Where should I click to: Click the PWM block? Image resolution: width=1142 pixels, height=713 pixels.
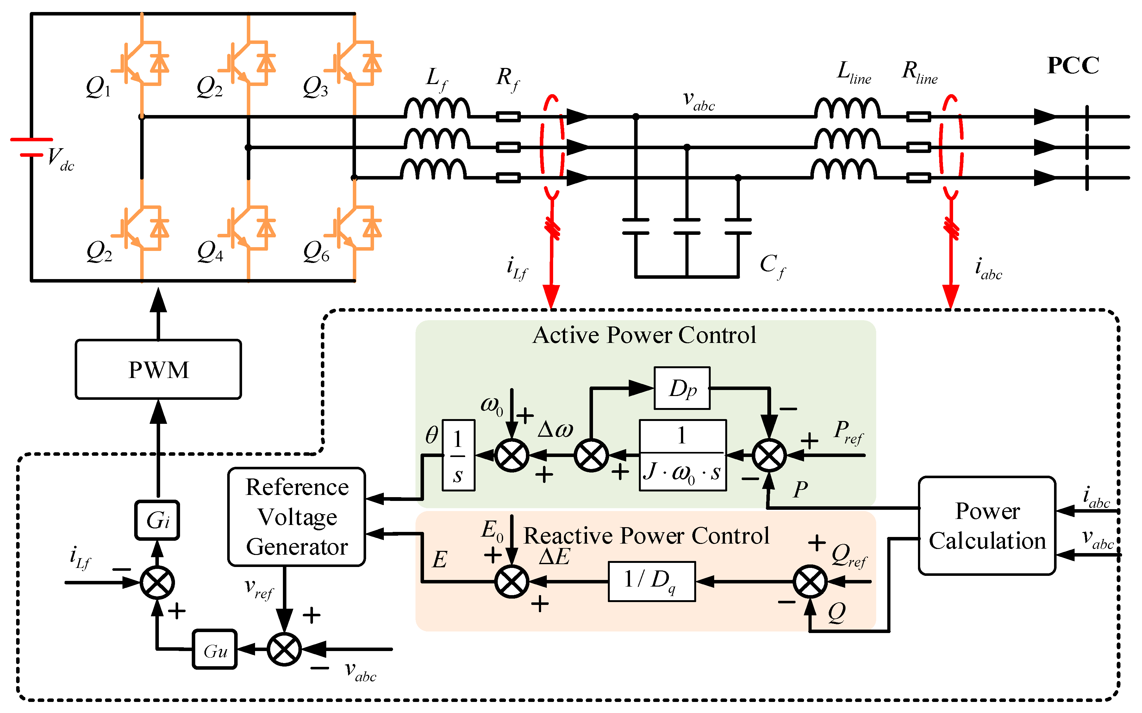point(158,369)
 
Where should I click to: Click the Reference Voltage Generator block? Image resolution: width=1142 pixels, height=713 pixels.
point(296,517)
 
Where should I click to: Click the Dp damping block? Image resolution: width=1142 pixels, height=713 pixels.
point(682,388)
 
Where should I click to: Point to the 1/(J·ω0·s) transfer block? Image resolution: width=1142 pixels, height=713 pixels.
point(683,455)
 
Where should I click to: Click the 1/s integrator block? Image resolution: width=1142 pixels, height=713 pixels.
point(458,455)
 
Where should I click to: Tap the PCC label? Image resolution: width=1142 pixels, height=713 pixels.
point(1073,65)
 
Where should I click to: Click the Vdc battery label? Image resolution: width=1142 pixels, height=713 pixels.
point(61,159)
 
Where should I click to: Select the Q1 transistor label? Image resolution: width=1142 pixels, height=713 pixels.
point(98,87)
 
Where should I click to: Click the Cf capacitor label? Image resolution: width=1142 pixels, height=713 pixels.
point(773,266)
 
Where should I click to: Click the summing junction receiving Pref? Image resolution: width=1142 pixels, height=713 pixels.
point(769,455)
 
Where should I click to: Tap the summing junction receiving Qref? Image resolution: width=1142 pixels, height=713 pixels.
point(810,582)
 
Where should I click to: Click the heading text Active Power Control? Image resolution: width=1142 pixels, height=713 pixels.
point(644,335)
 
